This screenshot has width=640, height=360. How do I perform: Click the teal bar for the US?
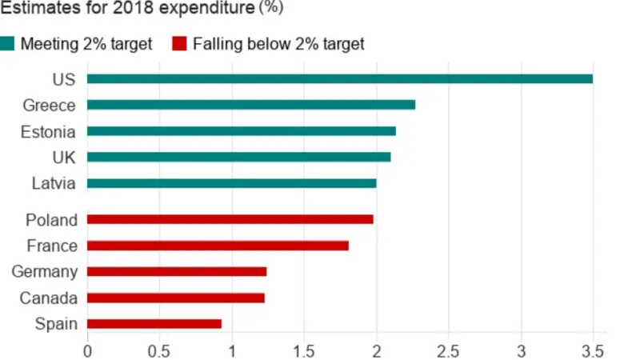tap(339, 78)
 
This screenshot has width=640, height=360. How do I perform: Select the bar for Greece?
tap(250, 105)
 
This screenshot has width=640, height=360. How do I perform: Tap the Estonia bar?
tap(241, 131)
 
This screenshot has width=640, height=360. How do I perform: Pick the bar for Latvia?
tap(231, 183)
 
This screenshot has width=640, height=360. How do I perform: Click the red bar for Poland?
tap(230, 219)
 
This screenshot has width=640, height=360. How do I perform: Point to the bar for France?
tap(218, 246)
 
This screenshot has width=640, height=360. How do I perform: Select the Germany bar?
tap(176, 272)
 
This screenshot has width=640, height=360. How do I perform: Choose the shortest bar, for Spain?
tap(154, 324)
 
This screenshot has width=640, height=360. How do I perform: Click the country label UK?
tap(63, 157)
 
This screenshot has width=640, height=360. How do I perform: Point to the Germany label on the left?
tap(45, 272)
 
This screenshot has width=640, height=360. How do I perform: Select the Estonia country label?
tap(49, 131)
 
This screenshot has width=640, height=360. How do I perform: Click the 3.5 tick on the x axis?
tap(593, 350)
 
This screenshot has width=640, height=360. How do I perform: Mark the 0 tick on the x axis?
tap(87, 350)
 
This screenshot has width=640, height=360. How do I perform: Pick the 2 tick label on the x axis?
tap(376, 350)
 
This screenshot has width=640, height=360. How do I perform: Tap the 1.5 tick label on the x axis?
tap(304, 350)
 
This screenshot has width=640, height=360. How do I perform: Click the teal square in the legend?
tap(7, 43)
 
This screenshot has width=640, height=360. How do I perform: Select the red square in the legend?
tap(180, 43)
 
